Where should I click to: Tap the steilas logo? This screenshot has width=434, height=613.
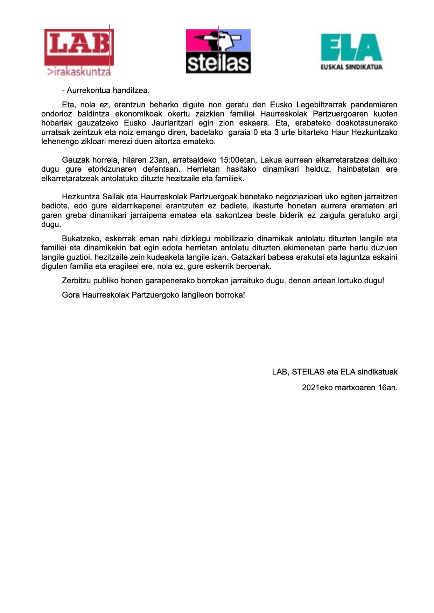click(x=218, y=51)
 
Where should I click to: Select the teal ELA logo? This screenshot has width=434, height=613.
click(x=351, y=48)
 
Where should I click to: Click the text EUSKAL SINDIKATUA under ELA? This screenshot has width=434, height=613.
click(x=351, y=67)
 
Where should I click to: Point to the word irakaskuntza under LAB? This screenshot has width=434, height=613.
click(x=80, y=72)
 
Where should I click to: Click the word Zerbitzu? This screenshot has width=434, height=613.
click(x=76, y=281)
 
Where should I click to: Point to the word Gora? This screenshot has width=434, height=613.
click(x=71, y=295)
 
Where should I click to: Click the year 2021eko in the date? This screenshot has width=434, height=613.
click(x=317, y=388)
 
